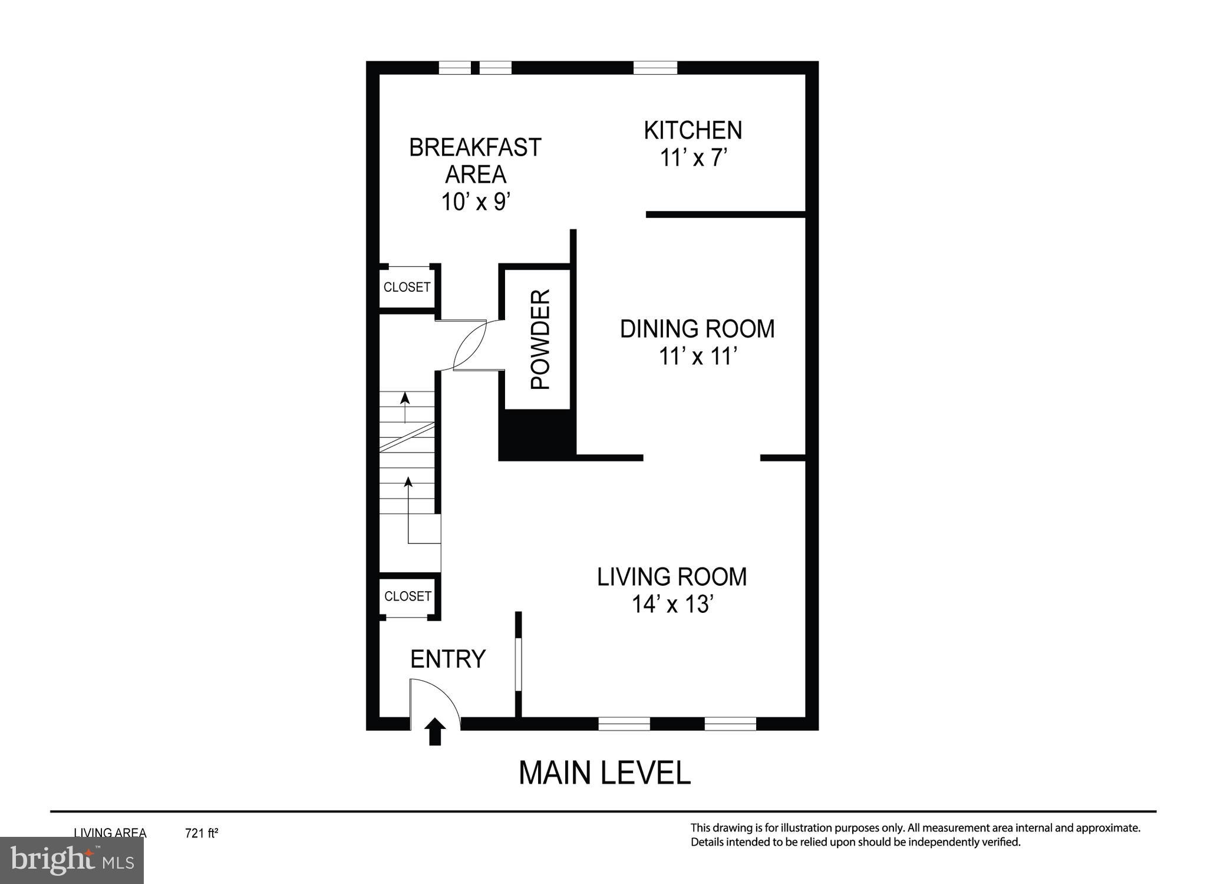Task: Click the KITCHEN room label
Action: point(692,130)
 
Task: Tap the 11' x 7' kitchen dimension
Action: point(694,158)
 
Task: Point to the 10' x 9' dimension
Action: point(475,202)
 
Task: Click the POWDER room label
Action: point(540,339)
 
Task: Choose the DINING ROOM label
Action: point(697,329)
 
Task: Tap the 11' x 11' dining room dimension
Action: point(698,357)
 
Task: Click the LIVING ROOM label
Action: point(672,577)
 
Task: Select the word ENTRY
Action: point(448,659)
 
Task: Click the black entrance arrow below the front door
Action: point(435,732)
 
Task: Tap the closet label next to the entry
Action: point(408,596)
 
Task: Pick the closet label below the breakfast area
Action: point(407,287)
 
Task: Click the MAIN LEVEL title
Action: point(604,773)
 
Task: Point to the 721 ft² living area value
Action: point(202,833)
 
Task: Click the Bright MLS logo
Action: point(72,860)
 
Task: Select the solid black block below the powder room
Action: point(536,435)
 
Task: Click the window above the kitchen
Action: point(655,68)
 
